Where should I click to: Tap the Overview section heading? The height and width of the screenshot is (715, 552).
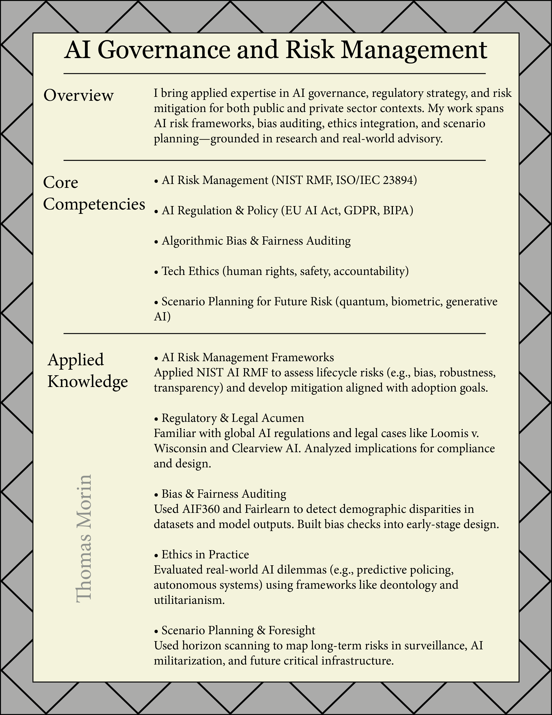coord(79,96)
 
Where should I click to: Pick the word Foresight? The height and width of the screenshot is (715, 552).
coord(292,630)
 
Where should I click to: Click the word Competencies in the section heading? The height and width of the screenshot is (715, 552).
coord(94,204)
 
